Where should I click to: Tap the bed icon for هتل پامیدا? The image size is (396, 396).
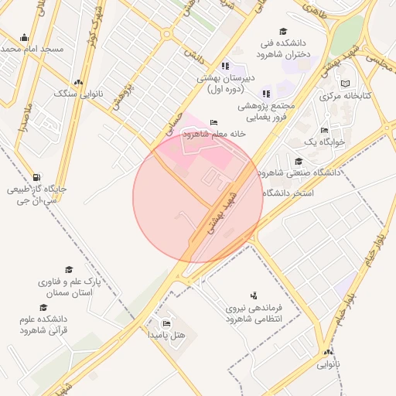[166, 323]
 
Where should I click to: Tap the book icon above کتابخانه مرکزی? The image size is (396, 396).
[346, 83]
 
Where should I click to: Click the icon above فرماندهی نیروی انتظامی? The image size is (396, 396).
[253, 295]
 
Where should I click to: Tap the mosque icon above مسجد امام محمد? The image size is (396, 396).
[24, 37]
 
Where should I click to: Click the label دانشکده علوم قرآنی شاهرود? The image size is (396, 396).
[43, 323]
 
